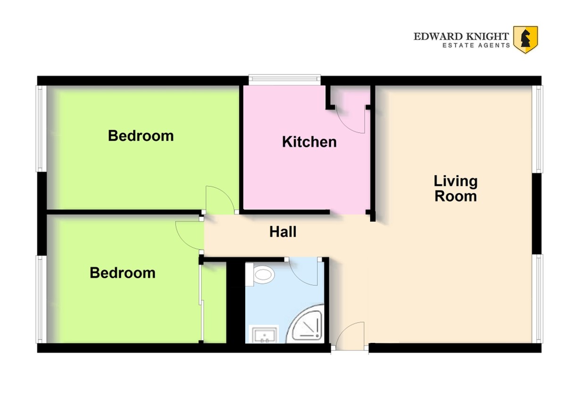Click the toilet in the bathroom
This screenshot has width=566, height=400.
coord(260,274)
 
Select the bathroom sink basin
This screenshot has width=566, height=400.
coord(264,334)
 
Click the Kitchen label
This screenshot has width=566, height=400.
coord(309,142)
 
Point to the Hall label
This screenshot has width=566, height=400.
coord(283,232)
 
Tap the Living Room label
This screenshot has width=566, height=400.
coord(456,189)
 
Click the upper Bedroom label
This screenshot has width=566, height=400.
coord(141,136)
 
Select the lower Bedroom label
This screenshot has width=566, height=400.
coord(123,273)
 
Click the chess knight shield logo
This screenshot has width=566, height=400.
coord(525,40)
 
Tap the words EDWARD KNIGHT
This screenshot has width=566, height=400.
coord(461,37)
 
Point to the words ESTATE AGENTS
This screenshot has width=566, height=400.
coord(476,45)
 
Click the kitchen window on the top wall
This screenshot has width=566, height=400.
coord(285,80)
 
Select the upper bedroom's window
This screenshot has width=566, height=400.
coord(41,129)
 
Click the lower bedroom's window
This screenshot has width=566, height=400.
coord(41,300)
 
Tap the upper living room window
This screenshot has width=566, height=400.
coord(537,129)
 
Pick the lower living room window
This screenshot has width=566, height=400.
coord(537,299)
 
